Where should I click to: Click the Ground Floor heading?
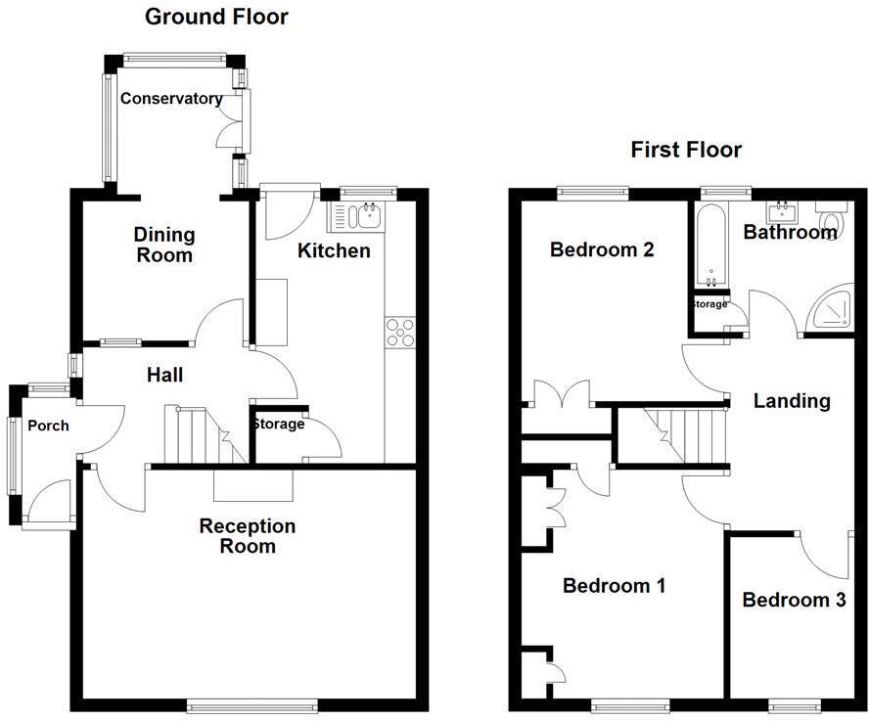coord(216,17)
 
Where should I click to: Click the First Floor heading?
coord(685,150)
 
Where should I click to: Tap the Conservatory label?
coord(170,99)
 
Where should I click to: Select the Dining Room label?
coord(164,245)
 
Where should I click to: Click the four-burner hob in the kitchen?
coord(400,334)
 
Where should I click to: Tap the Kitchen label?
coord(334,251)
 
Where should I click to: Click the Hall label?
coord(164,375)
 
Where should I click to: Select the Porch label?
coord(47,426)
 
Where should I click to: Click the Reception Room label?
coord(248,536)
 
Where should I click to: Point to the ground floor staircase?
coord(200,435)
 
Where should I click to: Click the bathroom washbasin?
coord(783,212)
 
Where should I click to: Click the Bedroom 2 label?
coord(602,250)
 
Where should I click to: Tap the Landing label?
coord(792,400)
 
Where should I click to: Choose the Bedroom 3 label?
coord(794,600)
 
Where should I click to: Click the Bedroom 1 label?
coord(614,586)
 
